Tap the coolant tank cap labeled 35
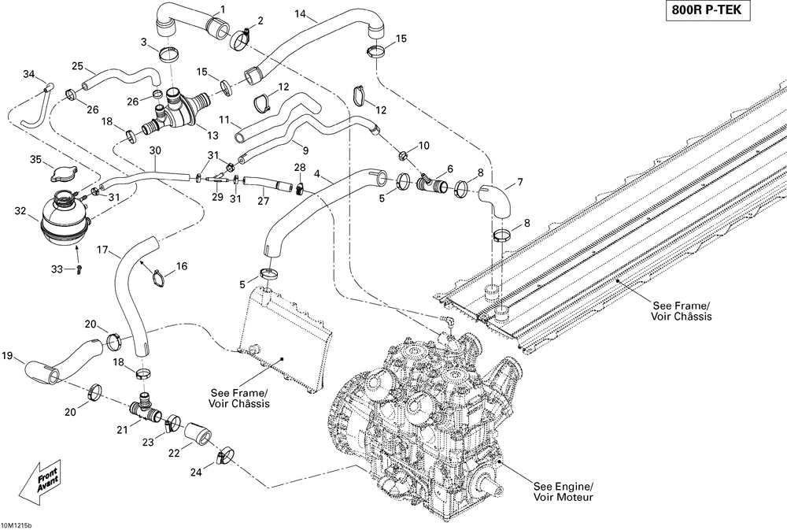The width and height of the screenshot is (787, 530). (x=61, y=174)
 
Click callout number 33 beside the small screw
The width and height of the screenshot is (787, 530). (x=56, y=269)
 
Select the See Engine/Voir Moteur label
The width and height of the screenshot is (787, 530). (x=563, y=491)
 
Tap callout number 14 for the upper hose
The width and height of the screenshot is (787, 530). (x=301, y=15)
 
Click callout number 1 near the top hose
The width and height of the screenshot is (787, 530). (x=222, y=9)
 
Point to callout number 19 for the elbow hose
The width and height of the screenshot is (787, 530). (x=8, y=357)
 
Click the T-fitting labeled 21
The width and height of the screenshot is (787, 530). (x=144, y=407)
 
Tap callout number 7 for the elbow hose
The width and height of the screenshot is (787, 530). (x=520, y=183)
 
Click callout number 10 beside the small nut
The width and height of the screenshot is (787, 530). (x=424, y=145)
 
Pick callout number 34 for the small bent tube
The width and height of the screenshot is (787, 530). (x=29, y=74)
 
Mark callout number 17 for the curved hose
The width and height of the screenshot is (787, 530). (x=102, y=250)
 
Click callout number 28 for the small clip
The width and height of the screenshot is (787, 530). (x=300, y=168)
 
